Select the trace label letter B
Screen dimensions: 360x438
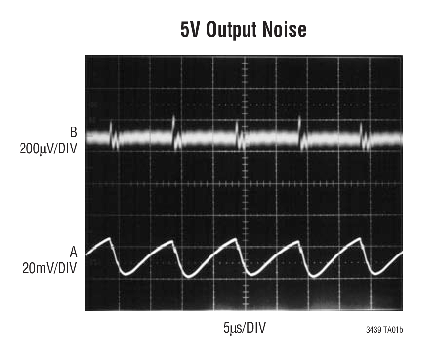73,132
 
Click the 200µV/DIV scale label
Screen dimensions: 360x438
48,148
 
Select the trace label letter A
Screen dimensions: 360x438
74,252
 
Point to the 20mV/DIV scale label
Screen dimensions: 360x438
49,268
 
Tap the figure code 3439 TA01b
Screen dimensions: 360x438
384,330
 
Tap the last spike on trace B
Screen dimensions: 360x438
361,129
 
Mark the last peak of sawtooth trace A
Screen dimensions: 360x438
360,238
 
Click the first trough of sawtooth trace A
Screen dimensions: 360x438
125,275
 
